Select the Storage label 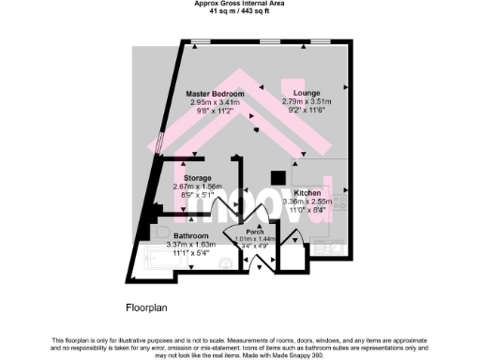click(198, 177)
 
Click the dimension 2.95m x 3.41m click(217, 102)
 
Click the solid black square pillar click(277, 177)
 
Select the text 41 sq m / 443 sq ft click(240, 11)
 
